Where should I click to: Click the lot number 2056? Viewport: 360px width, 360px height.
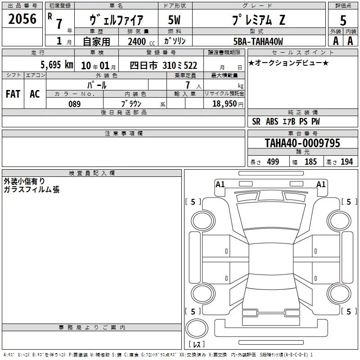[x=22, y=19]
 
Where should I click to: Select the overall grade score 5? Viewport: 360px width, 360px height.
[x=343, y=20]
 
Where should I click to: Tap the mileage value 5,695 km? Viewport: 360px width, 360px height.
[x=57, y=65]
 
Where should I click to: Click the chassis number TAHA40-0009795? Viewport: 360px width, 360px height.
[x=302, y=143]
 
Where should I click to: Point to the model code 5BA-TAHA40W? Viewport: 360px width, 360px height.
[x=258, y=41]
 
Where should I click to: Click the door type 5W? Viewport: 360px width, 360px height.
[x=174, y=20]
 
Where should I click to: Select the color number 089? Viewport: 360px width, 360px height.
[x=75, y=104]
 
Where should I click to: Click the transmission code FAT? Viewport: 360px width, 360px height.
[x=13, y=94]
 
